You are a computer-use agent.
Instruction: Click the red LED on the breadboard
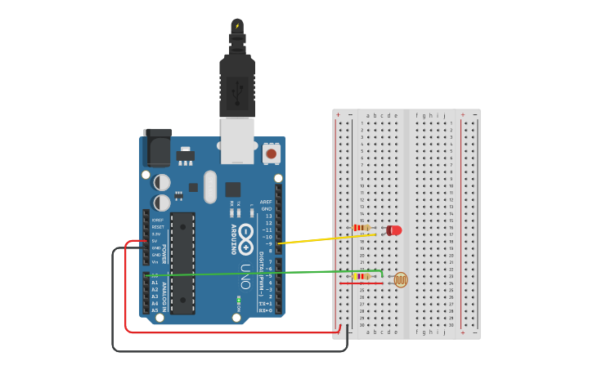(x=394, y=230)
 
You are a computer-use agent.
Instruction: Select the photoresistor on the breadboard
(x=400, y=279)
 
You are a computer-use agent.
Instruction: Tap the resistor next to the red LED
(x=361, y=228)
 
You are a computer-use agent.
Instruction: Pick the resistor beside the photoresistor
(x=361, y=276)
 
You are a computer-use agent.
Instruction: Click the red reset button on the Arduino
(x=271, y=153)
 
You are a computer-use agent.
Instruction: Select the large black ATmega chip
(x=182, y=261)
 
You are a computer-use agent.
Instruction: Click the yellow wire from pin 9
(x=327, y=238)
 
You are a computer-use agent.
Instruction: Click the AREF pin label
(x=266, y=202)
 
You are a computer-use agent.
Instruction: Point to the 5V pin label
(x=155, y=241)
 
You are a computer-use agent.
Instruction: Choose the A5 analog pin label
(x=155, y=310)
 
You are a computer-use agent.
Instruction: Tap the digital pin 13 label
(x=268, y=216)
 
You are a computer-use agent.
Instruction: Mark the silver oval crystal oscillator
(x=210, y=186)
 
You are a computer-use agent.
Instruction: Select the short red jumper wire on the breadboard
(x=361, y=283)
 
